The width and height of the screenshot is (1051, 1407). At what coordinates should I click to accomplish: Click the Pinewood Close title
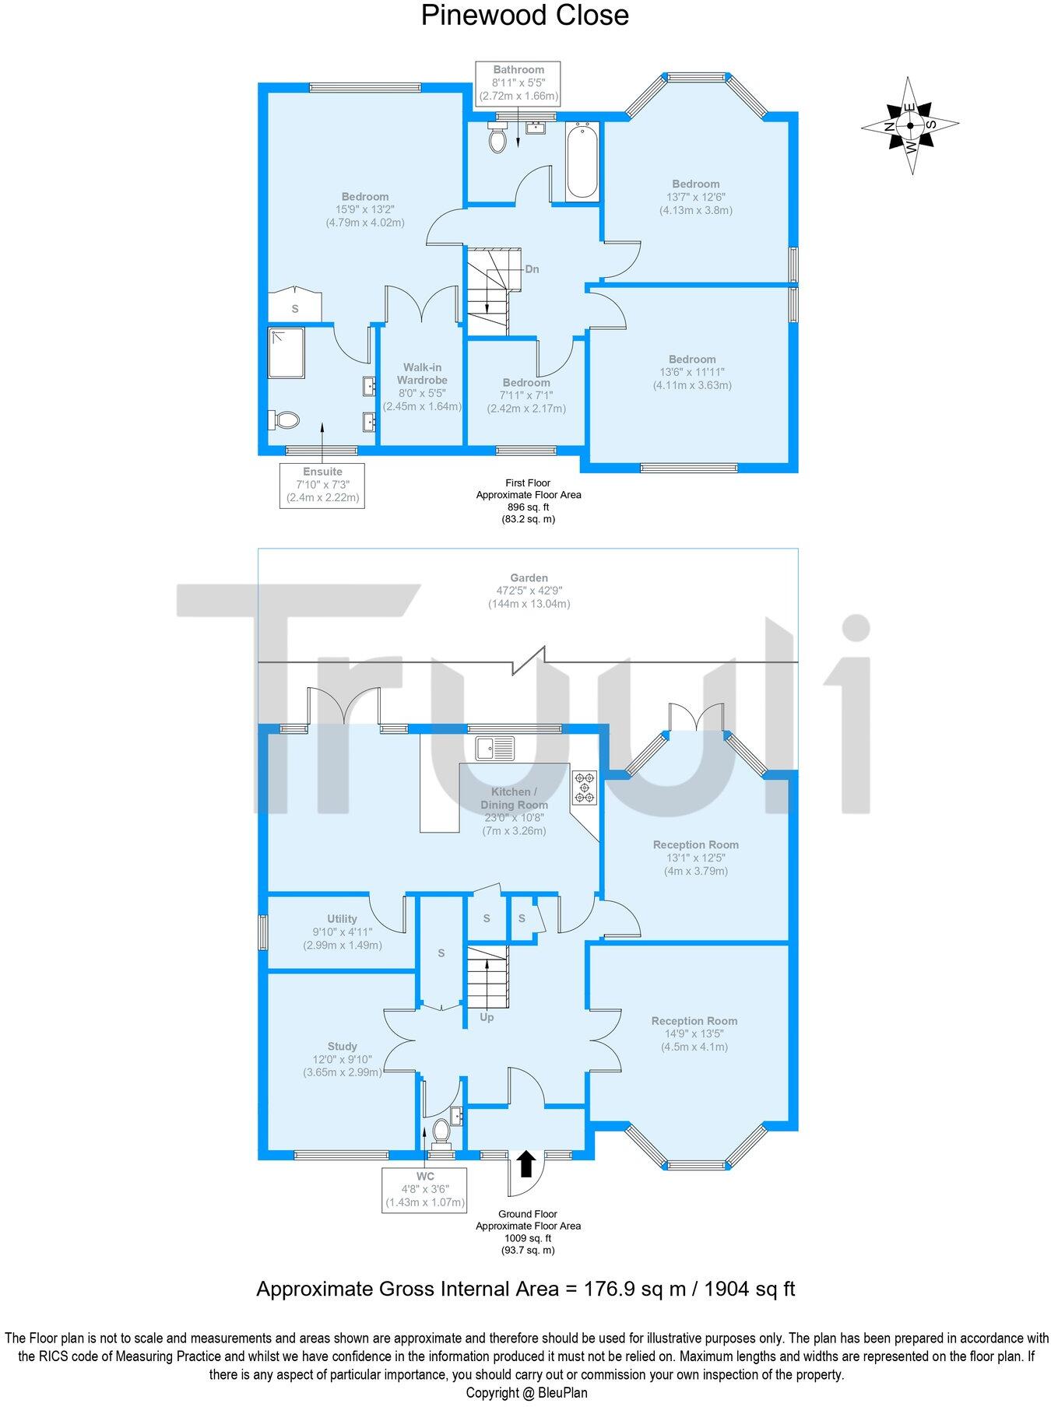click(525, 16)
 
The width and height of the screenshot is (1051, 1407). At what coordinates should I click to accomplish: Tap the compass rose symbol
click(910, 125)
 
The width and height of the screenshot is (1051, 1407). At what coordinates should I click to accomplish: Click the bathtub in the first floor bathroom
click(582, 162)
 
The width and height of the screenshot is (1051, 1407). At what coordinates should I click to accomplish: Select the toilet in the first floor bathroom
click(497, 137)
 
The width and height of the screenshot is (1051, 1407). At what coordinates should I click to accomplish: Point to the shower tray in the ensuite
click(286, 353)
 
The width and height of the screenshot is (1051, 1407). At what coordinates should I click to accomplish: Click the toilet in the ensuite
click(283, 420)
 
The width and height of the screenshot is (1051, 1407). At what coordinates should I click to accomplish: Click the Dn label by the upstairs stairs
click(532, 269)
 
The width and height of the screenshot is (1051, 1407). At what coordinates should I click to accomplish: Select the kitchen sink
click(495, 748)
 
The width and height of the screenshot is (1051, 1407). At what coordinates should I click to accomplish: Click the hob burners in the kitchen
click(585, 788)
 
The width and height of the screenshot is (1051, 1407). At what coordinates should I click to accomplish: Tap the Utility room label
click(342, 919)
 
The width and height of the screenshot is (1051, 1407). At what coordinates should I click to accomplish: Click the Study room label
click(343, 1047)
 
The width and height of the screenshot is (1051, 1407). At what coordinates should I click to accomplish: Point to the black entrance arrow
click(526, 1163)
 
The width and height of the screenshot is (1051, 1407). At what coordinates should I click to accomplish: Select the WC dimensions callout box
click(425, 1189)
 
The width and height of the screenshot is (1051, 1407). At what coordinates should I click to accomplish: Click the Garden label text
click(529, 578)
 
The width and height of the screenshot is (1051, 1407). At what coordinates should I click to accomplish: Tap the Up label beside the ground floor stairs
click(487, 1017)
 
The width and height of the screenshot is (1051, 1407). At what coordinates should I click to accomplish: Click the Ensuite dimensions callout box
click(322, 485)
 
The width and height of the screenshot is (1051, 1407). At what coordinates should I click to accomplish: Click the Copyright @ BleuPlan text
click(526, 1393)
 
